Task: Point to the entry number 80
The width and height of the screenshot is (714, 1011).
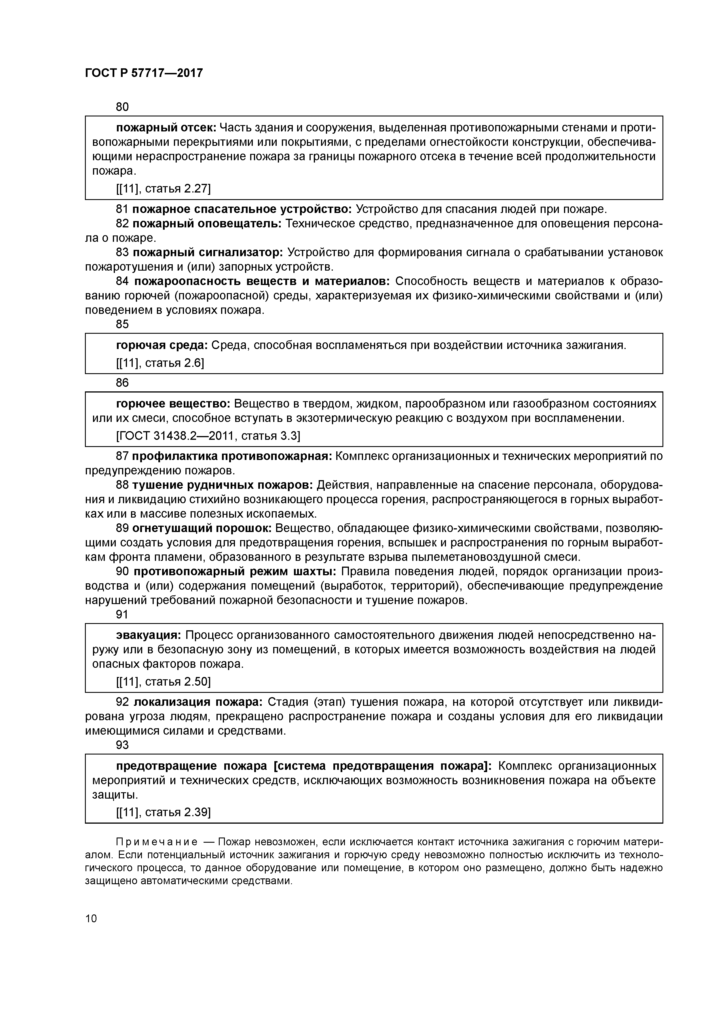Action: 122,107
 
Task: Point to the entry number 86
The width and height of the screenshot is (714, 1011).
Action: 122,383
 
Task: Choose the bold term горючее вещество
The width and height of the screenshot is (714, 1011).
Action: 173,404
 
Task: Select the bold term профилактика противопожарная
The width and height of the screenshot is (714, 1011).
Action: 232,456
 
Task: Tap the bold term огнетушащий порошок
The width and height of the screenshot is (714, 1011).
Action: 202,528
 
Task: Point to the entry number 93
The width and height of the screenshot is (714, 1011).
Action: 122,745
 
